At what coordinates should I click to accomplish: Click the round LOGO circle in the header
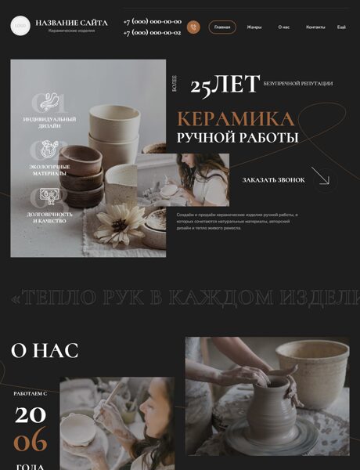coord(20,27)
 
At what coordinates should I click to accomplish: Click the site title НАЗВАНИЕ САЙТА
coord(71,23)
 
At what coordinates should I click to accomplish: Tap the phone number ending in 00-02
coord(152,33)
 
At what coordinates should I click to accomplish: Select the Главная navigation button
coord(222,27)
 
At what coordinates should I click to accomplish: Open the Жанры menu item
coord(254,27)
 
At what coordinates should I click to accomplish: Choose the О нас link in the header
coord(283,27)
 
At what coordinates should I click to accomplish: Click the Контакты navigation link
coord(315,27)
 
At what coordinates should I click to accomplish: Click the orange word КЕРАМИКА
coord(235,119)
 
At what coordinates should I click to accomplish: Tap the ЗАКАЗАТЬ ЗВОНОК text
coord(273,180)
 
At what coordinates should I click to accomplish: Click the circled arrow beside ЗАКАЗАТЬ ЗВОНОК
coord(325,179)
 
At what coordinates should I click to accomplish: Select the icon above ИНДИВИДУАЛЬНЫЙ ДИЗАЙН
coord(49,103)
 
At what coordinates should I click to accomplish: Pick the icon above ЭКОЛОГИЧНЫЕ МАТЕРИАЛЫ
coord(49,150)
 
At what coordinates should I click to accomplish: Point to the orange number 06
coord(31,441)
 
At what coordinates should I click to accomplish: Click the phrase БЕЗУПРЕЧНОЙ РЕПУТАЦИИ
coord(298,83)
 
